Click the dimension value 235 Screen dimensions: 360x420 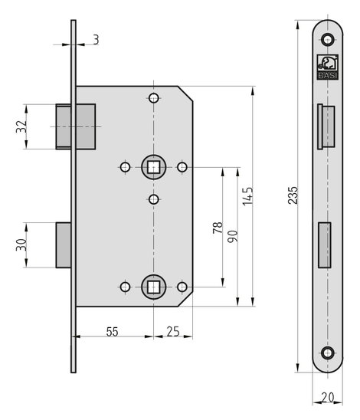[x=293, y=195]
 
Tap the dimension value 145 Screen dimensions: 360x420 [x=247, y=196]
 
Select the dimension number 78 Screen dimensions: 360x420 [x=218, y=228]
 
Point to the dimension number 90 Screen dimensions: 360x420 [x=233, y=236]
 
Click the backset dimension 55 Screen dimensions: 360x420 [x=112, y=332]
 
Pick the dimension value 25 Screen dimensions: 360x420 [x=173, y=332]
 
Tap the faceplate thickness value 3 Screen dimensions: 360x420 [x=96, y=40]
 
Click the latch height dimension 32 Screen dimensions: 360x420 [x=21, y=126]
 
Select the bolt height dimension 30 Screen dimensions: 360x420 [x=21, y=244]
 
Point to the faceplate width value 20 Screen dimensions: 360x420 [x=327, y=398]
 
